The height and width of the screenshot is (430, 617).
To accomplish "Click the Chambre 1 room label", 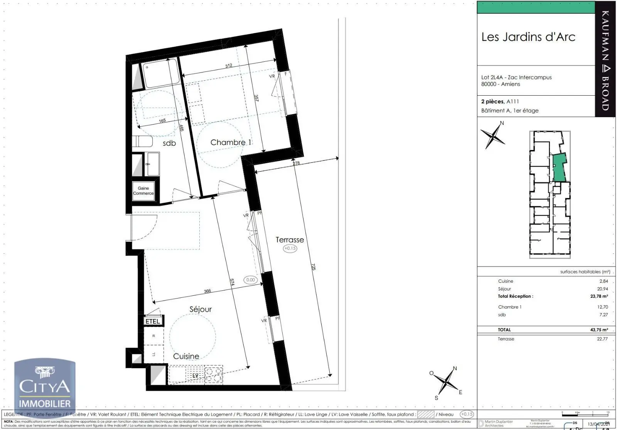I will [x=231, y=142].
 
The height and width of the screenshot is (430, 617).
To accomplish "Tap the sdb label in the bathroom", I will [x=169, y=143].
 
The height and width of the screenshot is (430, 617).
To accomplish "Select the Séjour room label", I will [x=201, y=309].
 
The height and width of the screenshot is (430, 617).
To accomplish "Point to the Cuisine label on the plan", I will [x=186, y=356].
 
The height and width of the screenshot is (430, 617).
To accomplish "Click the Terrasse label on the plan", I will [x=290, y=239].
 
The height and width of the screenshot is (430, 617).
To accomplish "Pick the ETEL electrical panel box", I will [x=153, y=321].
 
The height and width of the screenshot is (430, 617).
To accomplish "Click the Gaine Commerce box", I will [x=143, y=191].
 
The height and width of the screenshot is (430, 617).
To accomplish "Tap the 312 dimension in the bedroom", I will [x=229, y=66].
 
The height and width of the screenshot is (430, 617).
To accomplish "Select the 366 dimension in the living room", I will [x=207, y=291].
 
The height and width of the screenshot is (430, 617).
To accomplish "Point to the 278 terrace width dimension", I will [x=296, y=163].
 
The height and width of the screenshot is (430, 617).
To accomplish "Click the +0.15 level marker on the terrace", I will [x=290, y=248].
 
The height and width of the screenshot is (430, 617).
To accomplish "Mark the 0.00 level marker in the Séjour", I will [x=251, y=280].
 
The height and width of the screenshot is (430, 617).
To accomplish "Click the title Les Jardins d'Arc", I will [x=528, y=37].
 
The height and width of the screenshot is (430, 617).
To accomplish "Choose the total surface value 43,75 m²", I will [x=599, y=330].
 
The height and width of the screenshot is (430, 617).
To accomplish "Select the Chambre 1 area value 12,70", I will [x=602, y=307].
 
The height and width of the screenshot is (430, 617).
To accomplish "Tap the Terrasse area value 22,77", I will [x=602, y=339].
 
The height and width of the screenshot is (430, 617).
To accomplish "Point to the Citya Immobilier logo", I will [x=45, y=388].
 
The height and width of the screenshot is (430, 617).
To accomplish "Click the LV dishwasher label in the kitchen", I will [x=196, y=375].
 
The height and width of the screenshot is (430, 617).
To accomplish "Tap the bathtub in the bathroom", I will [x=161, y=73].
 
